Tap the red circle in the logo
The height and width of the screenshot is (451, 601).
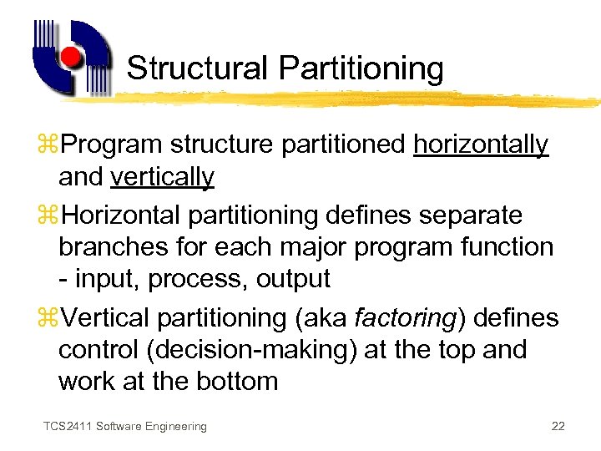click(72, 58)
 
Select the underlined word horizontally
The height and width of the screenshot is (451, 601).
click(481, 144)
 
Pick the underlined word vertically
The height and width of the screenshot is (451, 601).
click(162, 177)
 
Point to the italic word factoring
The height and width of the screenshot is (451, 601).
click(405, 317)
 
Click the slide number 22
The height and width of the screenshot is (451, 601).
click(558, 427)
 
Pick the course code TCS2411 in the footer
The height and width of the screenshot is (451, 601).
click(68, 427)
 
